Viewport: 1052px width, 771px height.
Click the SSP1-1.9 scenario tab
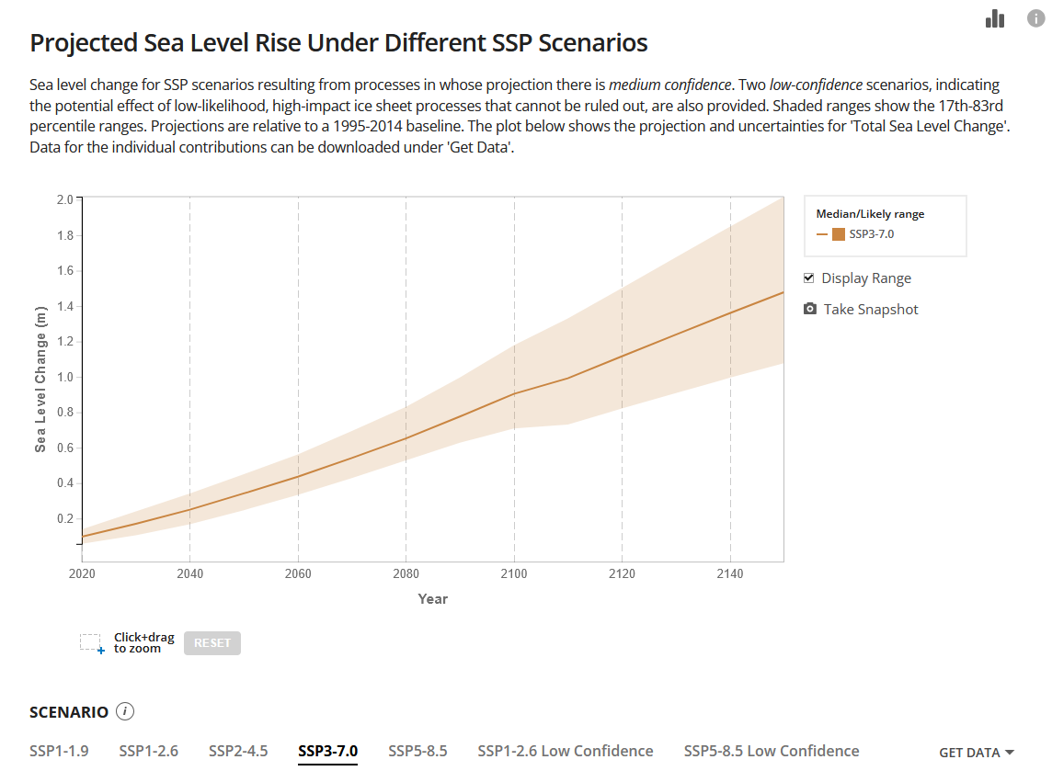click(59, 751)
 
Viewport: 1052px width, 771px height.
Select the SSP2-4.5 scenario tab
click(238, 751)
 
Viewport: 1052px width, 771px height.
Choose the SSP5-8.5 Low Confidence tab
click(772, 751)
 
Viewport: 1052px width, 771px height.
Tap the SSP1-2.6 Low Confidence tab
click(565, 751)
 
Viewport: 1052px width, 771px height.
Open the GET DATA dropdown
click(976, 753)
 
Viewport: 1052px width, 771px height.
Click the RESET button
click(212, 643)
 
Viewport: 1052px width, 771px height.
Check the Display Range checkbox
click(809, 278)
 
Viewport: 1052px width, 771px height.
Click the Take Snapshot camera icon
click(810, 310)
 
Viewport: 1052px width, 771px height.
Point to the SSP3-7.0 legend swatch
click(839, 234)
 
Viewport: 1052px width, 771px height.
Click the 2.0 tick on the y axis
click(64, 199)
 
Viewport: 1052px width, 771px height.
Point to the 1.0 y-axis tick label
click(64, 377)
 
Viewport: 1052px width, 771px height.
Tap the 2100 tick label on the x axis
click(513, 574)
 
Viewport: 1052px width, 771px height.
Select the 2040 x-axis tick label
click(189, 574)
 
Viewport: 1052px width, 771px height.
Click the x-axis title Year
click(432, 599)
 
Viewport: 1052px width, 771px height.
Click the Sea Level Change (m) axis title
click(40, 380)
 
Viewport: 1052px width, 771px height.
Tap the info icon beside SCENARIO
click(126, 711)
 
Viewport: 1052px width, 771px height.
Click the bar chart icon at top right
click(994, 18)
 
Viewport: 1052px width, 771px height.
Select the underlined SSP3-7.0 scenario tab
click(327, 751)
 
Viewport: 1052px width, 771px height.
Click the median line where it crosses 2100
click(514, 393)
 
